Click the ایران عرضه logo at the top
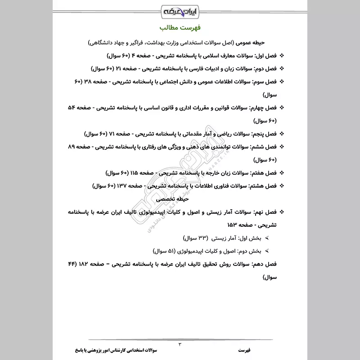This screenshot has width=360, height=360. coord(180,10)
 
